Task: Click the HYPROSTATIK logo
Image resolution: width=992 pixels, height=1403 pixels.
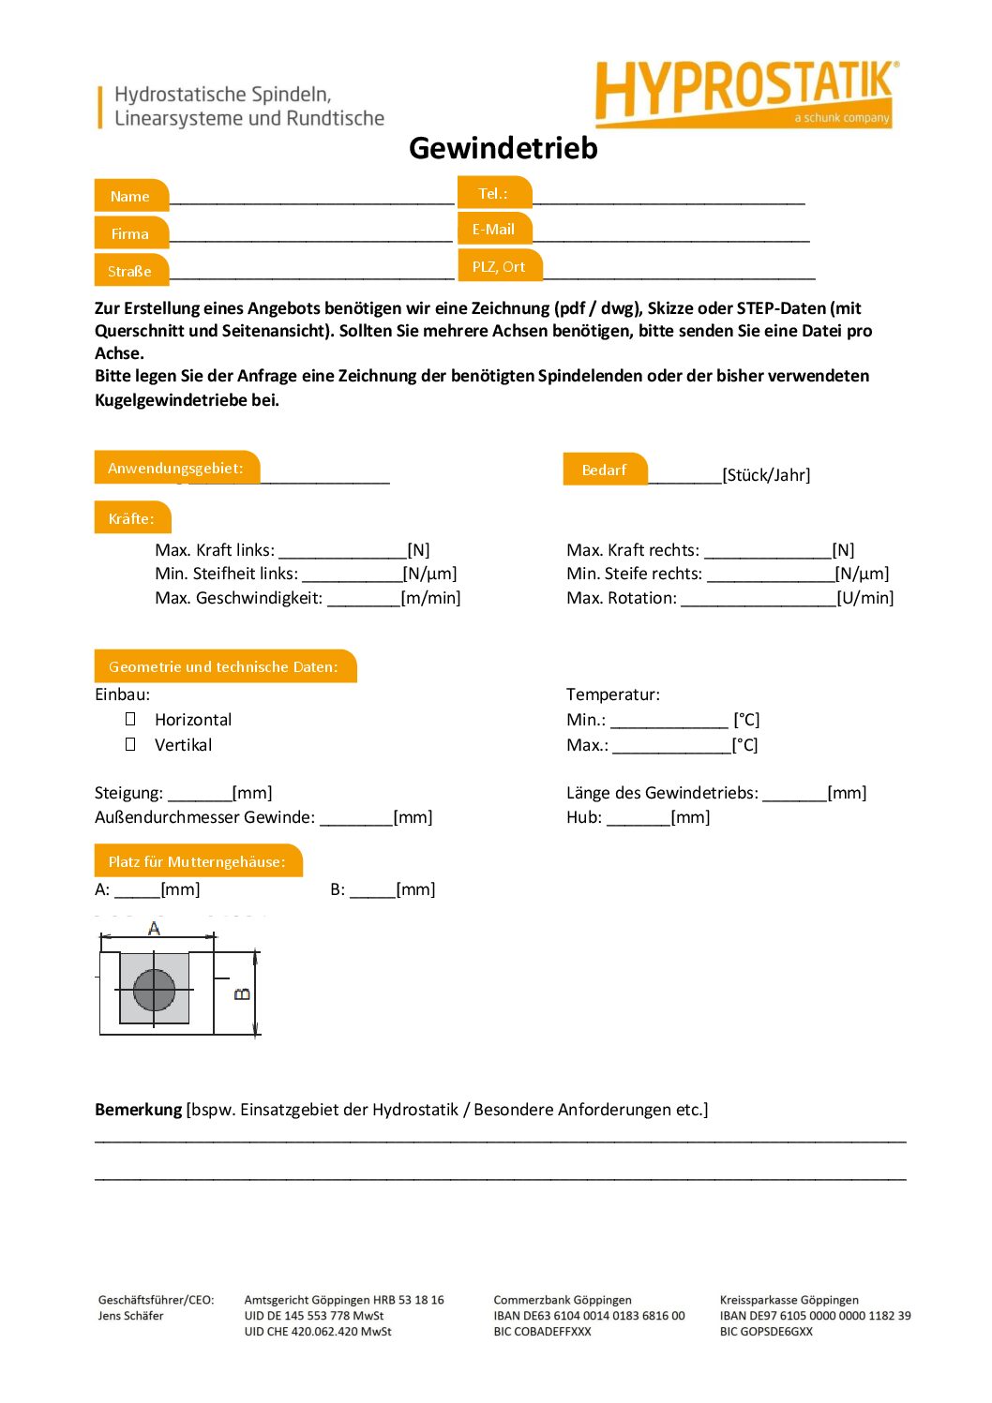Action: click(745, 93)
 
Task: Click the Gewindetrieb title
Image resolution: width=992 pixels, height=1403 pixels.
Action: click(503, 148)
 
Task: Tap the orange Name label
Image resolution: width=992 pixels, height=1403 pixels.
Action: click(130, 196)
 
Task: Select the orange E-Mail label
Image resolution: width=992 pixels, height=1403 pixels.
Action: click(494, 229)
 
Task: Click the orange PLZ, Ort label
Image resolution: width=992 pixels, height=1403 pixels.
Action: click(499, 266)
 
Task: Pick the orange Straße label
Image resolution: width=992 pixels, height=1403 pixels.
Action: click(130, 271)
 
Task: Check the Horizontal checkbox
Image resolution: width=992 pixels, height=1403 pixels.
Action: click(130, 719)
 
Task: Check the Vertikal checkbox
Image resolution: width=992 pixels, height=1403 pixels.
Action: click(130, 744)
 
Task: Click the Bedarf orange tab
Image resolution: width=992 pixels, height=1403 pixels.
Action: click(604, 470)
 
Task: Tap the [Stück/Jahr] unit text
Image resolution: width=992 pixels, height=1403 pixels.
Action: click(766, 475)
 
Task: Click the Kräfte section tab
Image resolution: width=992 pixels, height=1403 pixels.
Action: click(131, 518)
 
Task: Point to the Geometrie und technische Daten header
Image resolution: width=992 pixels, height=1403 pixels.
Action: click(224, 666)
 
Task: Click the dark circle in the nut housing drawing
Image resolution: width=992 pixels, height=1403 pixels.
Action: click(155, 990)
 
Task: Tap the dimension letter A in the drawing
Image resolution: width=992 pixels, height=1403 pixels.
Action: click(155, 928)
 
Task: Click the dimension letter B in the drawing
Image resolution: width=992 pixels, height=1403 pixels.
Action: click(242, 993)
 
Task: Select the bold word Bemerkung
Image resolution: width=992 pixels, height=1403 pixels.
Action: click(138, 1110)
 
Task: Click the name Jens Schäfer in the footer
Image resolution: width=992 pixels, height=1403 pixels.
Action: click(130, 1316)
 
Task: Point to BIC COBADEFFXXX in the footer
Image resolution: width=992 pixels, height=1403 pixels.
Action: click(542, 1332)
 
